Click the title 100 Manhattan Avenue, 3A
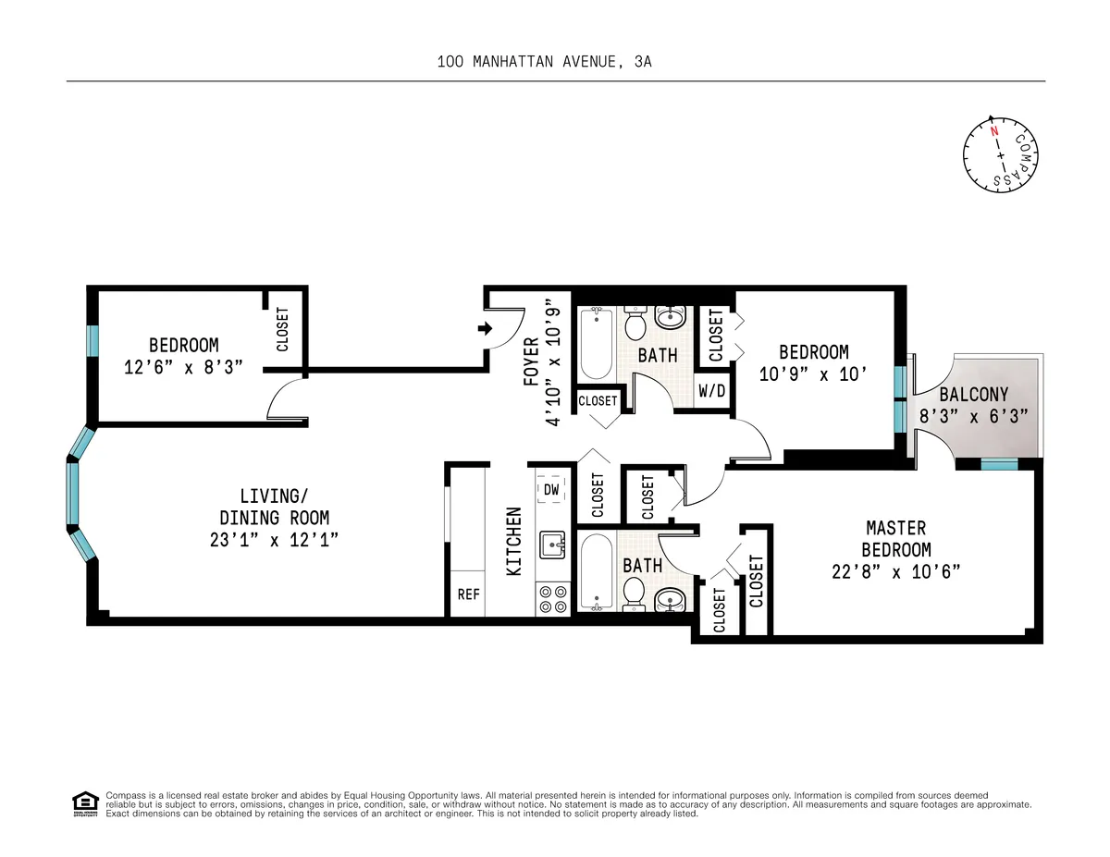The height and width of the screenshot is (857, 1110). (549, 62)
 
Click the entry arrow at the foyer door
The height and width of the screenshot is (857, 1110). (484, 328)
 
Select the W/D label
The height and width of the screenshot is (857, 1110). (711, 391)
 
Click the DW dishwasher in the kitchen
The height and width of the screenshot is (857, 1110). (551, 490)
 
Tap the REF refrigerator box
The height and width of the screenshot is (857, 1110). (469, 594)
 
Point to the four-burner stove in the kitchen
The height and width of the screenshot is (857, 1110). (553, 599)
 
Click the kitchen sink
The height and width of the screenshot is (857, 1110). (553, 545)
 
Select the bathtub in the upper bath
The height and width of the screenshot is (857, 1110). (596, 343)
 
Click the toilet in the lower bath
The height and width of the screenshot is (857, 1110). (635, 591)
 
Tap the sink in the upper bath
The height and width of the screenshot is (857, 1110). (671, 319)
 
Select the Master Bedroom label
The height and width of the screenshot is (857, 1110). (895, 538)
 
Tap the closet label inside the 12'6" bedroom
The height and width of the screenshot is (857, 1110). (282, 329)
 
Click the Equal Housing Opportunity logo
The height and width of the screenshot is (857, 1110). (85, 804)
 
